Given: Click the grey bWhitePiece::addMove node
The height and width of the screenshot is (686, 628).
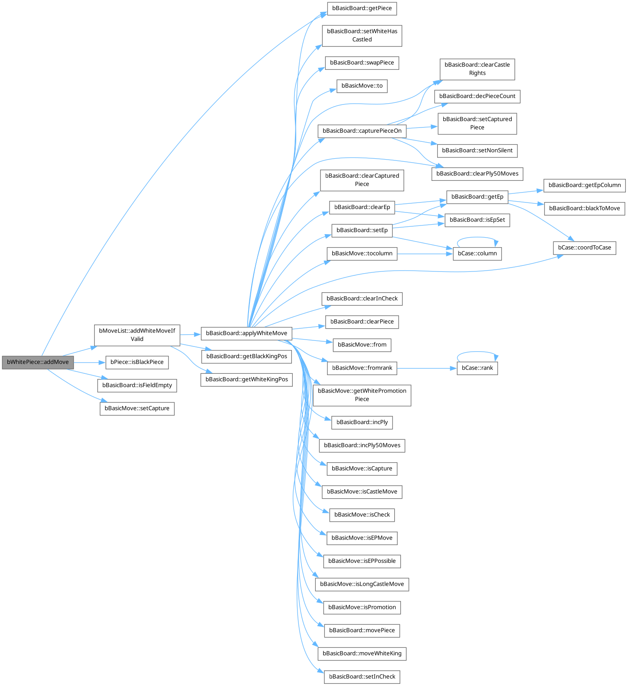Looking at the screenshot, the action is (38, 362).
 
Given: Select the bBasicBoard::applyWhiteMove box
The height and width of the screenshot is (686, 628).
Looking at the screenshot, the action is (246, 333).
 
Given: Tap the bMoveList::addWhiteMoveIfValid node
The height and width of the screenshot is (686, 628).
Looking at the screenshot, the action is (137, 335).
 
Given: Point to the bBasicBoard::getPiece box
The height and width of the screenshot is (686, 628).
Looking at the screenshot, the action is (362, 8).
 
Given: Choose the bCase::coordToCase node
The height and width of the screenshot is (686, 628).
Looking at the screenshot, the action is (584, 248).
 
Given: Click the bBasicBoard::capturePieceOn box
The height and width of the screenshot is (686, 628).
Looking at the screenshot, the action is (362, 131).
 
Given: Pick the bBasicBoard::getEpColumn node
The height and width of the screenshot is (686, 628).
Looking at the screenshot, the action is (585, 185).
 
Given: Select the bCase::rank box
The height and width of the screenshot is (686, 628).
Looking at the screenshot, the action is (477, 368).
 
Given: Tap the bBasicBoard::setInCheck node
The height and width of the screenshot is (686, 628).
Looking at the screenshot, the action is (362, 677).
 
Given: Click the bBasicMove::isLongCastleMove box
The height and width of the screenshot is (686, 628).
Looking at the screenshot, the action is (362, 584).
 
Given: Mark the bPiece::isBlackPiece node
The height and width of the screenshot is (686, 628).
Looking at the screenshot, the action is (137, 362).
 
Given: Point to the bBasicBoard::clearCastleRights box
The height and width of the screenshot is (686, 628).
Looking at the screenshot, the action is (477, 69).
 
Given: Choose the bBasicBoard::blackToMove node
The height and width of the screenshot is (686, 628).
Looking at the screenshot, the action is (585, 208).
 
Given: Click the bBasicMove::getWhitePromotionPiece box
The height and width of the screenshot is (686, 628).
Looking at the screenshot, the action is (362, 395).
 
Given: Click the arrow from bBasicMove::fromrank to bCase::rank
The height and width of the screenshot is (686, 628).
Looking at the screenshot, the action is (427, 368).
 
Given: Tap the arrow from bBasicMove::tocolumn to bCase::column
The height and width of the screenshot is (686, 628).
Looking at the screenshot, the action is (425, 254).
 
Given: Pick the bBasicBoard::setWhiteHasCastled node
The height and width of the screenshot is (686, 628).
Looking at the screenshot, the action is (362, 36).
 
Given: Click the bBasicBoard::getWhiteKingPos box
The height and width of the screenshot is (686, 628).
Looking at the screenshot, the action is (246, 379).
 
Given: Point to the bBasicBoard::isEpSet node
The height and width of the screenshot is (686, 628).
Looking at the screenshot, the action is (477, 220).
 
